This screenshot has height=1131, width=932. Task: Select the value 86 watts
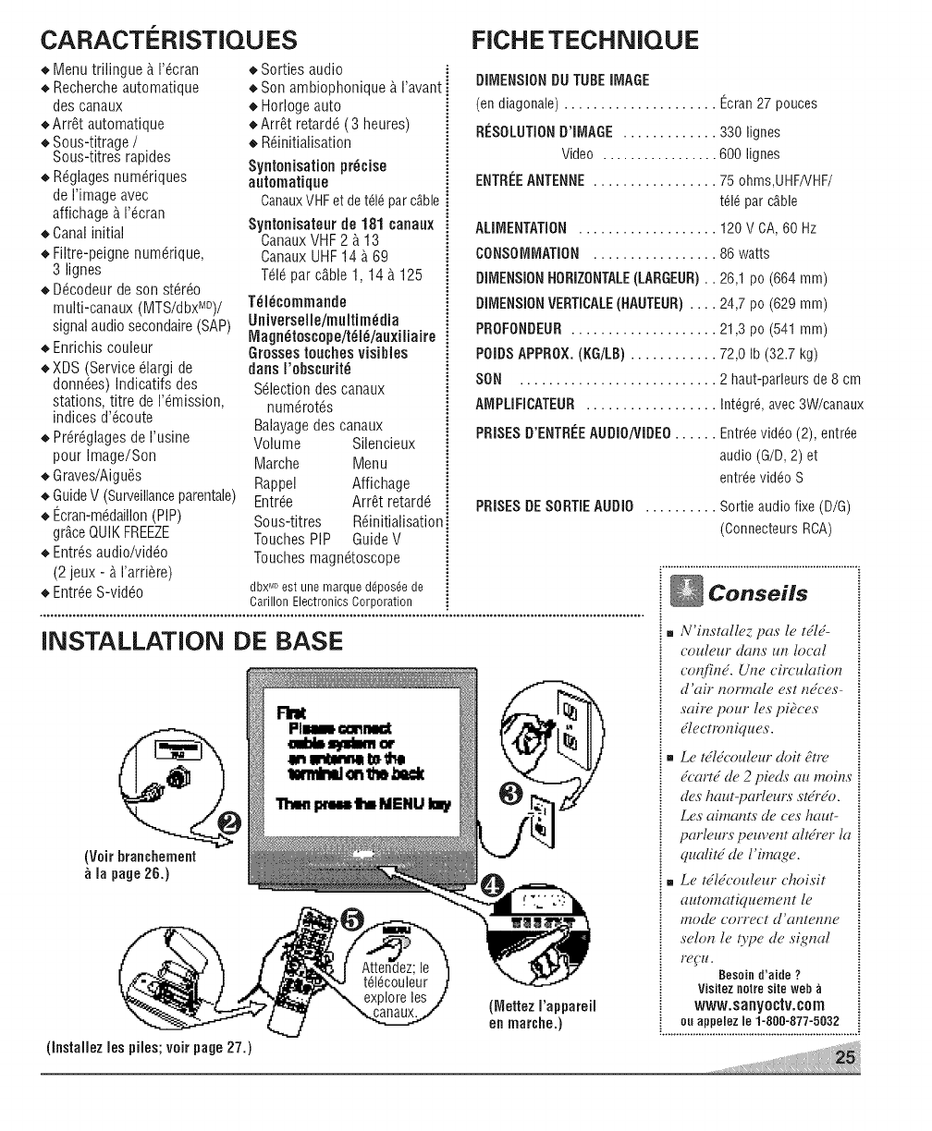point(744,254)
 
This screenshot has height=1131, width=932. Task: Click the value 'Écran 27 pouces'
point(768,103)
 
